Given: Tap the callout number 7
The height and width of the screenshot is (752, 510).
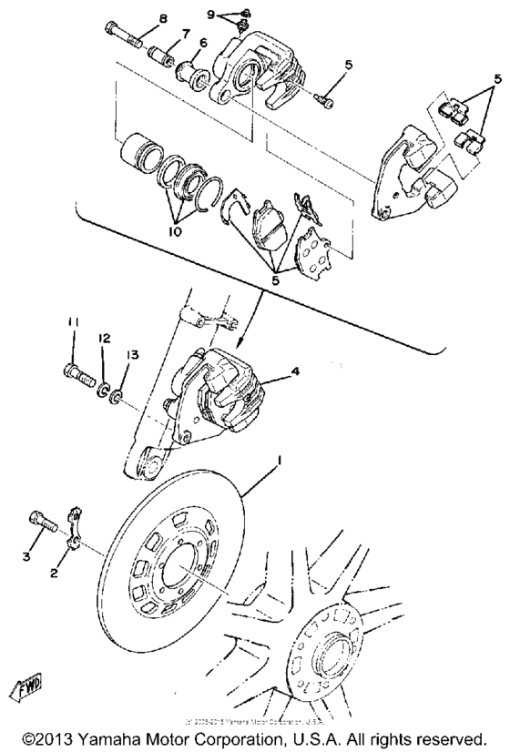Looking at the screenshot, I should pos(185,34).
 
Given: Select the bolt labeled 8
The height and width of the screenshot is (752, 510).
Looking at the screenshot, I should pos(126,37).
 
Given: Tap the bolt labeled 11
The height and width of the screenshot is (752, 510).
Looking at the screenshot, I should pos(79,372).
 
